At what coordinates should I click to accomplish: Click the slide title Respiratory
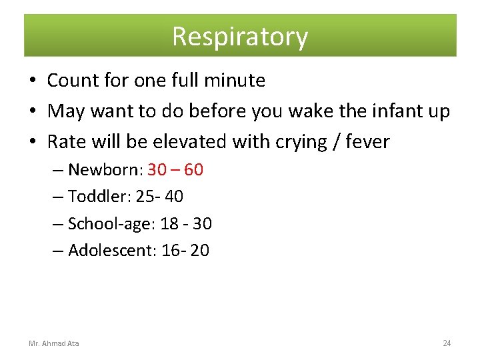tap(240, 36)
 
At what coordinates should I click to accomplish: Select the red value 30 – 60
tap(175, 170)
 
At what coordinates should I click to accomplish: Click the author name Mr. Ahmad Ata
tap(54, 343)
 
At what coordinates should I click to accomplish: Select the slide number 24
tap(447, 343)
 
